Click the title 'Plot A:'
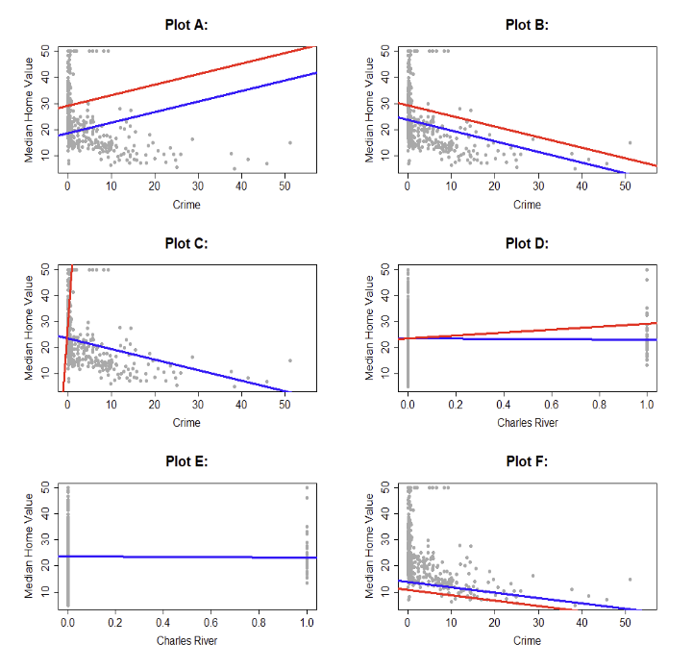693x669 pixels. coord(186,25)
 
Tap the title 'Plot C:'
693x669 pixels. coord(186,243)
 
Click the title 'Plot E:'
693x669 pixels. coord(186,462)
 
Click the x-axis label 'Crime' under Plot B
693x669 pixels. coord(527,205)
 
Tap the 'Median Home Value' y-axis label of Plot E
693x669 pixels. coord(31,545)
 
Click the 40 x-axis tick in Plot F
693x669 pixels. coord(582,624)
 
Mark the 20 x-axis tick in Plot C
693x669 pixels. coord(154,406)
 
